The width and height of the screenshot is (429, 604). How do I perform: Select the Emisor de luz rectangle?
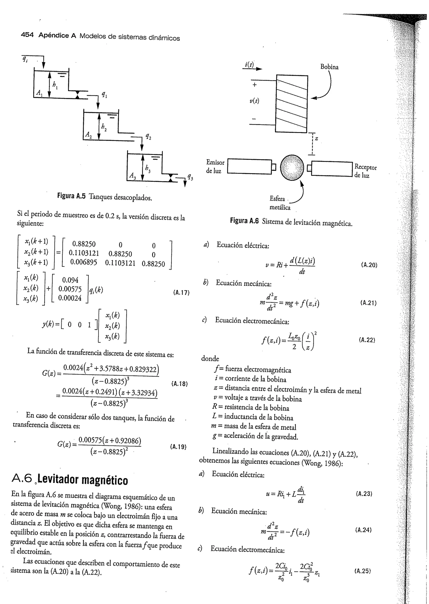tap(249, 166)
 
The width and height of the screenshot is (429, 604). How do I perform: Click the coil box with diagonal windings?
tap(292, 104)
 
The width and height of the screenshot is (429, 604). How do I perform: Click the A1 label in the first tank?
tap(39, 93)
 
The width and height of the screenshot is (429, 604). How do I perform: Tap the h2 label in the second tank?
tap(104, 127)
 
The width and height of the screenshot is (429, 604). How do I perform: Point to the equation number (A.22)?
tap(367, 340)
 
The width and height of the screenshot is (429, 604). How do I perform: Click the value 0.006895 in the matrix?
tap(84, 262)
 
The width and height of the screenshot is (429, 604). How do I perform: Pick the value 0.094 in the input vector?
tap(70, 280)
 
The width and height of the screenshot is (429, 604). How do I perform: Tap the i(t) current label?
tap(249, 65)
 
